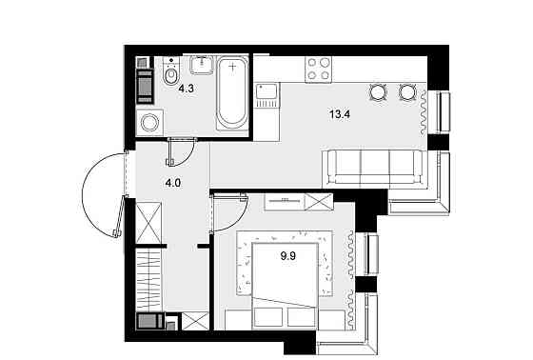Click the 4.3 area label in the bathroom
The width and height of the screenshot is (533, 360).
point(187,89)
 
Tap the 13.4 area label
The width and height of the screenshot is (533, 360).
point(340,114)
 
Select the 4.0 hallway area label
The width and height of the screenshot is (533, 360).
point(172,184)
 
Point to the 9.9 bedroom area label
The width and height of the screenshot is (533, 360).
point(287,256)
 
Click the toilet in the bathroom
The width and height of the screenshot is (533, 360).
point(170,71)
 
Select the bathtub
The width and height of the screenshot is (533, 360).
point(232,93)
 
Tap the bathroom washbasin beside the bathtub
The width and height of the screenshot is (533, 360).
point(202,65)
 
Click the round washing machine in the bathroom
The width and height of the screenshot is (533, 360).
point(149,123)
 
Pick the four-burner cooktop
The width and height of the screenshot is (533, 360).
point(318,70)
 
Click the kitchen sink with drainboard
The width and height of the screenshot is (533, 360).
point(267,95)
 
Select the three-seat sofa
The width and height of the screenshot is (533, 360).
point(374,168)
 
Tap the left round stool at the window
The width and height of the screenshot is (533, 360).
point(379,91)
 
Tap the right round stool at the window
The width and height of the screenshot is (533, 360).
point(407,91)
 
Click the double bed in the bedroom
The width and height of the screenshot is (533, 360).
point(286,286)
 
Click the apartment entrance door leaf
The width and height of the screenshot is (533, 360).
point(119,216)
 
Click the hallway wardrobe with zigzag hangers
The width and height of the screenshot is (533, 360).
point(148,279)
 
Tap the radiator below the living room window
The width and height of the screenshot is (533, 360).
point(423,113)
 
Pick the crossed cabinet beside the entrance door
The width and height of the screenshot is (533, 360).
point(148,223)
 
